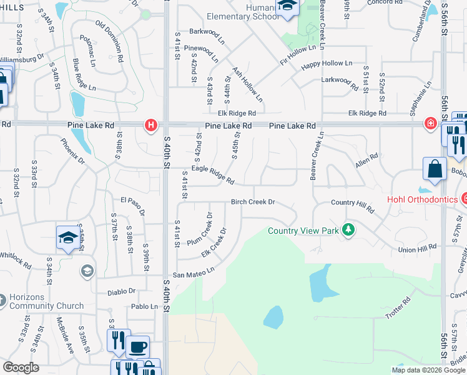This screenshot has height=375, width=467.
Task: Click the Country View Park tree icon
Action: [348, 230]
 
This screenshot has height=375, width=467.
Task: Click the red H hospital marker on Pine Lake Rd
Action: [150, 125]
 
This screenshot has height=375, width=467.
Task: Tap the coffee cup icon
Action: [138, 347]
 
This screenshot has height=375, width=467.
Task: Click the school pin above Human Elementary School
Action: [287, 7]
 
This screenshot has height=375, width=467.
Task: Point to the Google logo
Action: [21, 367]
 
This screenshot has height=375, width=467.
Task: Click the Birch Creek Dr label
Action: [253, 202]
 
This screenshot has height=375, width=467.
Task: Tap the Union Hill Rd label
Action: [418, 249]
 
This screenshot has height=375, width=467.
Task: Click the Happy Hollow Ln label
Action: [327, 64]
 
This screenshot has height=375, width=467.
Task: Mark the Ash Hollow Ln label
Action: [247, 86]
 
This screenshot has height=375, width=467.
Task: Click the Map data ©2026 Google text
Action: [428, 370]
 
